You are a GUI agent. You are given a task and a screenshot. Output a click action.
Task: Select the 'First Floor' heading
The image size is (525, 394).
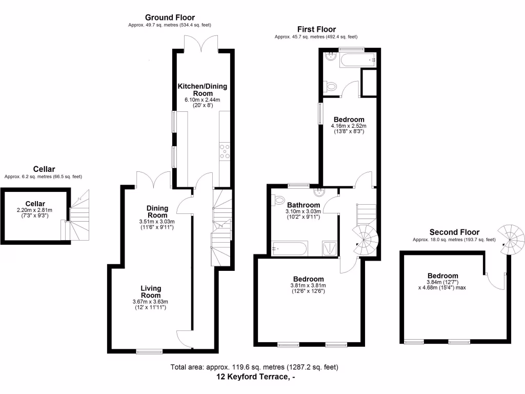(x=316, y=29)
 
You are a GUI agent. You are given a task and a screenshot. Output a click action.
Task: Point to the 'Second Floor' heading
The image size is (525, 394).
(x=454, y=232)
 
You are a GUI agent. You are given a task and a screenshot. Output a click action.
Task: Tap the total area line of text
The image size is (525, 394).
(x=254, y=367)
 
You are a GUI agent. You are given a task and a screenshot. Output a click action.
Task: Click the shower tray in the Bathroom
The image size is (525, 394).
(x=330, y=248)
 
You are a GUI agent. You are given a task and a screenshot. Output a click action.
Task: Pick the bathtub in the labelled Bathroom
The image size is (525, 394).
(x=290, y=249)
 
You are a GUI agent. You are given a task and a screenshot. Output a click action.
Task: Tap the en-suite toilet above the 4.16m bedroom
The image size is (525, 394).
(x=331, y=87)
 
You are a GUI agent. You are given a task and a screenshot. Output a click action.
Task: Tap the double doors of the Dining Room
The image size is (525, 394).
(x=154, y=180)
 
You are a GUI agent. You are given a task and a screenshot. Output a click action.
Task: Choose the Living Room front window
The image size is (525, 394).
(x=150, y=351)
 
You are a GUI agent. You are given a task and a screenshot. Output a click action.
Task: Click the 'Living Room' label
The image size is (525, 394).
(x=151, y=292)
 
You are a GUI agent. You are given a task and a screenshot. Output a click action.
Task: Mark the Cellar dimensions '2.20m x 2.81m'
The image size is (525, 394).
(x=35, y=210)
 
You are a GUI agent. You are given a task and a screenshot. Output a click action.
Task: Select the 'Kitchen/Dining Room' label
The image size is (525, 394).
(x=202, y=90)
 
